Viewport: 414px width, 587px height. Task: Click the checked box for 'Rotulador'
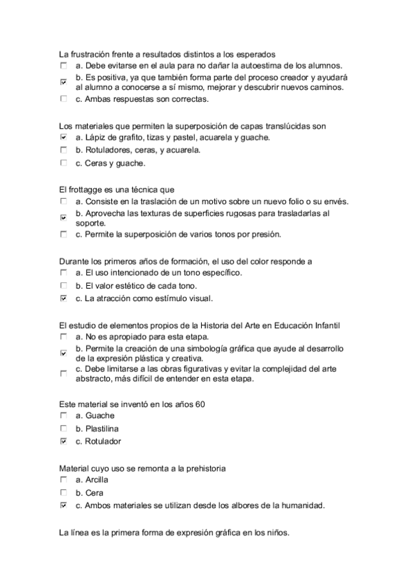(64, 441)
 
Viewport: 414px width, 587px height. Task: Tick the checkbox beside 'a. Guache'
(64, 415)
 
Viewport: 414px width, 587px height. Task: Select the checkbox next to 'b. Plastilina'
(64, 428)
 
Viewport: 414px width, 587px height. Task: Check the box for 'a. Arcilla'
(64, 479)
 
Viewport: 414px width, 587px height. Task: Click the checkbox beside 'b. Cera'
(64, 492)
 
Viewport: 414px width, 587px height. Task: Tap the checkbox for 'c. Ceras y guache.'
(64, 163)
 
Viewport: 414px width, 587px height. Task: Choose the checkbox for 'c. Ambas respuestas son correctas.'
(64, 99)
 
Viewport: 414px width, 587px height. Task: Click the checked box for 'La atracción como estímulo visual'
(64, 299)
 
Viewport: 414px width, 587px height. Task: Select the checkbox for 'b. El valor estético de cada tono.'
(64, 286)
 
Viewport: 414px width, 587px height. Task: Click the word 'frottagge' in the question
(88, 189)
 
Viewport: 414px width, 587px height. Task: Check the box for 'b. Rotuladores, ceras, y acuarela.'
(64, 150)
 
